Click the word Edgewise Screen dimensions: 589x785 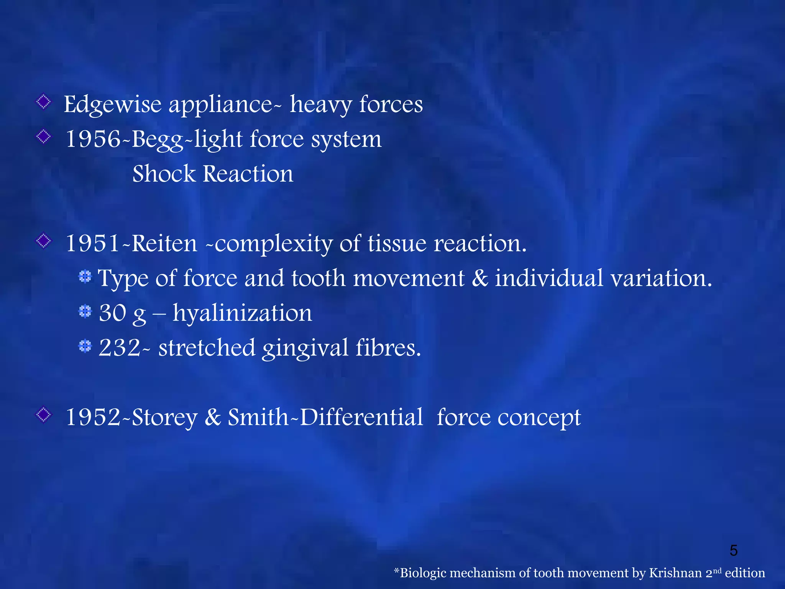point(112,105)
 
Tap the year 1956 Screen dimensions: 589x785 point(93,139)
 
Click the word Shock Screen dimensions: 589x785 point(164,174)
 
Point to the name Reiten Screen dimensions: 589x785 point(164,243)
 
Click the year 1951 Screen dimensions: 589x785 point(93,243)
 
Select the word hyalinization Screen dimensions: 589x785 point(242,313)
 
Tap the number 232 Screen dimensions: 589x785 point(120,348)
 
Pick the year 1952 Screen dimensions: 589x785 point(93,417)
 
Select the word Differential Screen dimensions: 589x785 point(361,417)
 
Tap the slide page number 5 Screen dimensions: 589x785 point(733,551)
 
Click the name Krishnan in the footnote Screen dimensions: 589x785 point(675,573)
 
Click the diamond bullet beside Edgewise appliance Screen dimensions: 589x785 point(44,102)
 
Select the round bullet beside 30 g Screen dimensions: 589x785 point(85,311)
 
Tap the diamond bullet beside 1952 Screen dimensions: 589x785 point(44,415)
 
